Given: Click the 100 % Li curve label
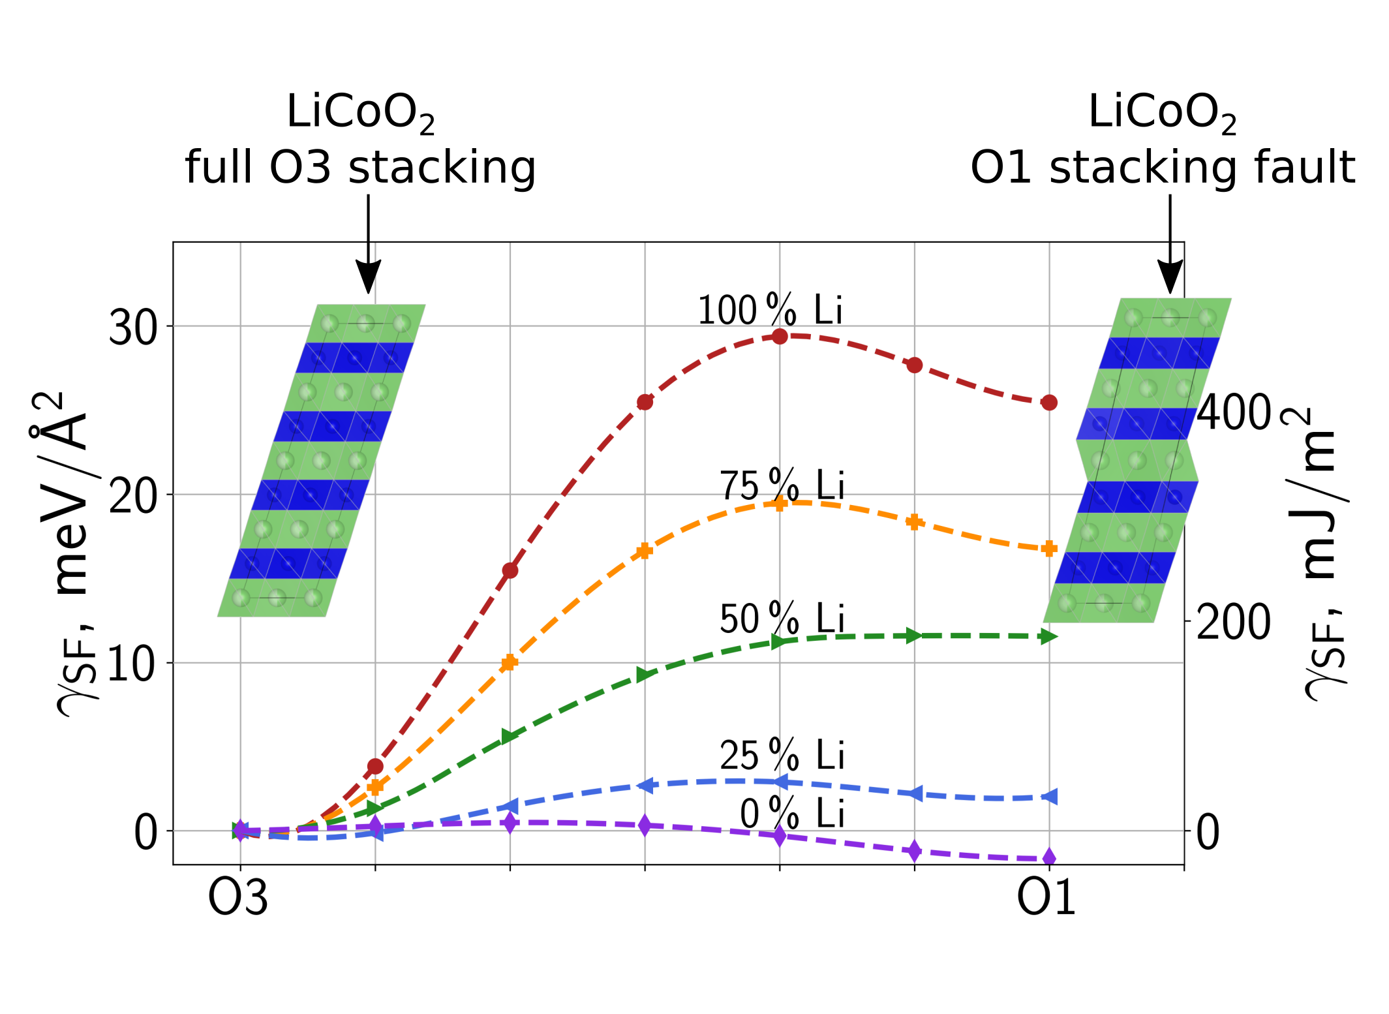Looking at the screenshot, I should click(x=770, y=310).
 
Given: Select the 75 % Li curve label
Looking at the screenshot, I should click(x=782, y=486).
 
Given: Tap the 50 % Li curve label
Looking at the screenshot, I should click(x=782, y=619).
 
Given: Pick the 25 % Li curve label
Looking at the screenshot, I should click(x=782, y=756).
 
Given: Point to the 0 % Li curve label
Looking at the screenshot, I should click(x=791, y=814).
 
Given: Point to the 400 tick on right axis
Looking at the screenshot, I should click(x=1234, y=413).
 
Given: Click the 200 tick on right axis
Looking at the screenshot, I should click(x=1234, y=622).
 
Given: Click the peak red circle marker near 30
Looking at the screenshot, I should click(x=780, y=337).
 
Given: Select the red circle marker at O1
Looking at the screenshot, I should click(x=1049, y=403).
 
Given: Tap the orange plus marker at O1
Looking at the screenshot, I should click(x=1049, y=549).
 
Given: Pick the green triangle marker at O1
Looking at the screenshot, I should click(x=1048, y=637).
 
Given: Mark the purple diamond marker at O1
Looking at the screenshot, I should click(x=1049, y=857).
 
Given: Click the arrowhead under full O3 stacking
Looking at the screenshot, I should click(x=368, y=277).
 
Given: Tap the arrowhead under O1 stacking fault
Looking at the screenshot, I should click(x=1170, y=277).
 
